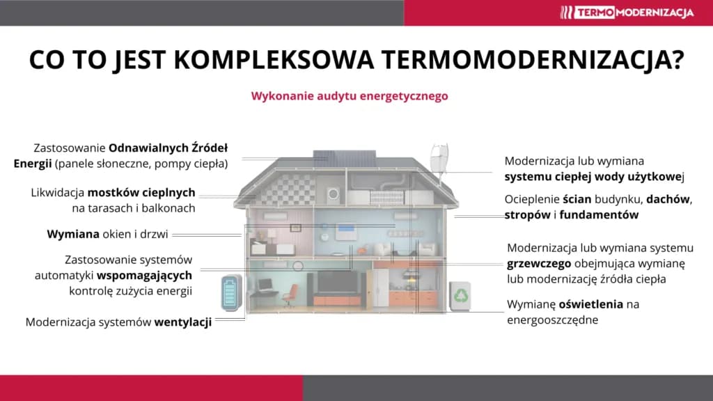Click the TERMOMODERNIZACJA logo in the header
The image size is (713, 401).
click(627, 12)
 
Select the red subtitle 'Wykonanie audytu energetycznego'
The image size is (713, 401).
click(350, 96)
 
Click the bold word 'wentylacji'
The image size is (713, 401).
click(183, 322)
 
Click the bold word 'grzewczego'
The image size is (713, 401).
click(540, 264)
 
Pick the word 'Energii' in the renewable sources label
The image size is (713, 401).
click(32, 164)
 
